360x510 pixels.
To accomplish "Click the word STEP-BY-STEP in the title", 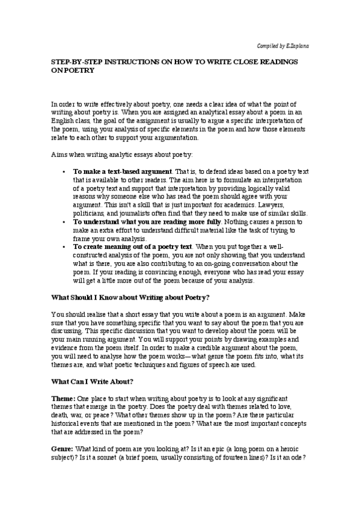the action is pos(71,61).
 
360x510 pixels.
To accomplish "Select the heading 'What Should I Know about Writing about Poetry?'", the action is pos(124,296).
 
